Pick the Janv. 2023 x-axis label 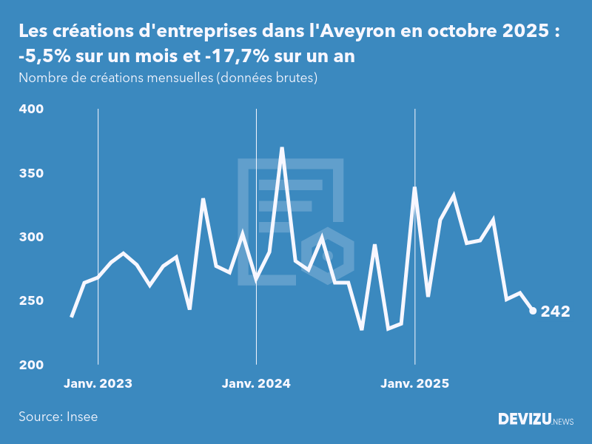point(98,383)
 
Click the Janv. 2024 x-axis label point(256,383)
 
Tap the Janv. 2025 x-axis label point(414,383)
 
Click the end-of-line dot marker point(533,311)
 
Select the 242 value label point(556,312)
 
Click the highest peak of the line point(282,148)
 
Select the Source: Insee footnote point(58,417)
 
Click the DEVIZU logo point(524,419)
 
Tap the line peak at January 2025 point(414,188)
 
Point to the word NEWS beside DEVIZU point(563,421)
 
